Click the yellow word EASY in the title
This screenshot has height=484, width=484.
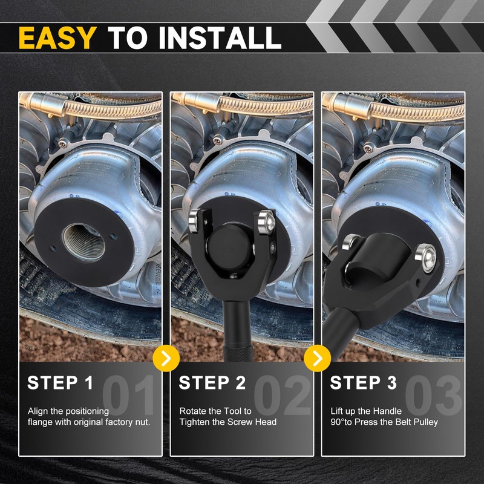(x=57, y=38)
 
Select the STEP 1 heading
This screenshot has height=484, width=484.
(x=60, y=383)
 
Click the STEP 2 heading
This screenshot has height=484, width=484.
(x=212, y=383)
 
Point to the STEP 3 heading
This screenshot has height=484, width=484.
(x=364, y=383)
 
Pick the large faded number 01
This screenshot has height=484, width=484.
(x=128, y=395)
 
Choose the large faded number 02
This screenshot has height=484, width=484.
(x=282, y=395)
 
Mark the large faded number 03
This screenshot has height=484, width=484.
(x=433, y=395)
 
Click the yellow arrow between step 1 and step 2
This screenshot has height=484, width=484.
(x=166, y=358)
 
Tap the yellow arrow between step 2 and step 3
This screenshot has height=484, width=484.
(x=317, y=358)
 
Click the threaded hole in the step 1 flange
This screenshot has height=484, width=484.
(x=83, y=243)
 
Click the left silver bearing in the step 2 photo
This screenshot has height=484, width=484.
(x=195, y=220)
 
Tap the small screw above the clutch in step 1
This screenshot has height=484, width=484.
(x=64, y=143)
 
